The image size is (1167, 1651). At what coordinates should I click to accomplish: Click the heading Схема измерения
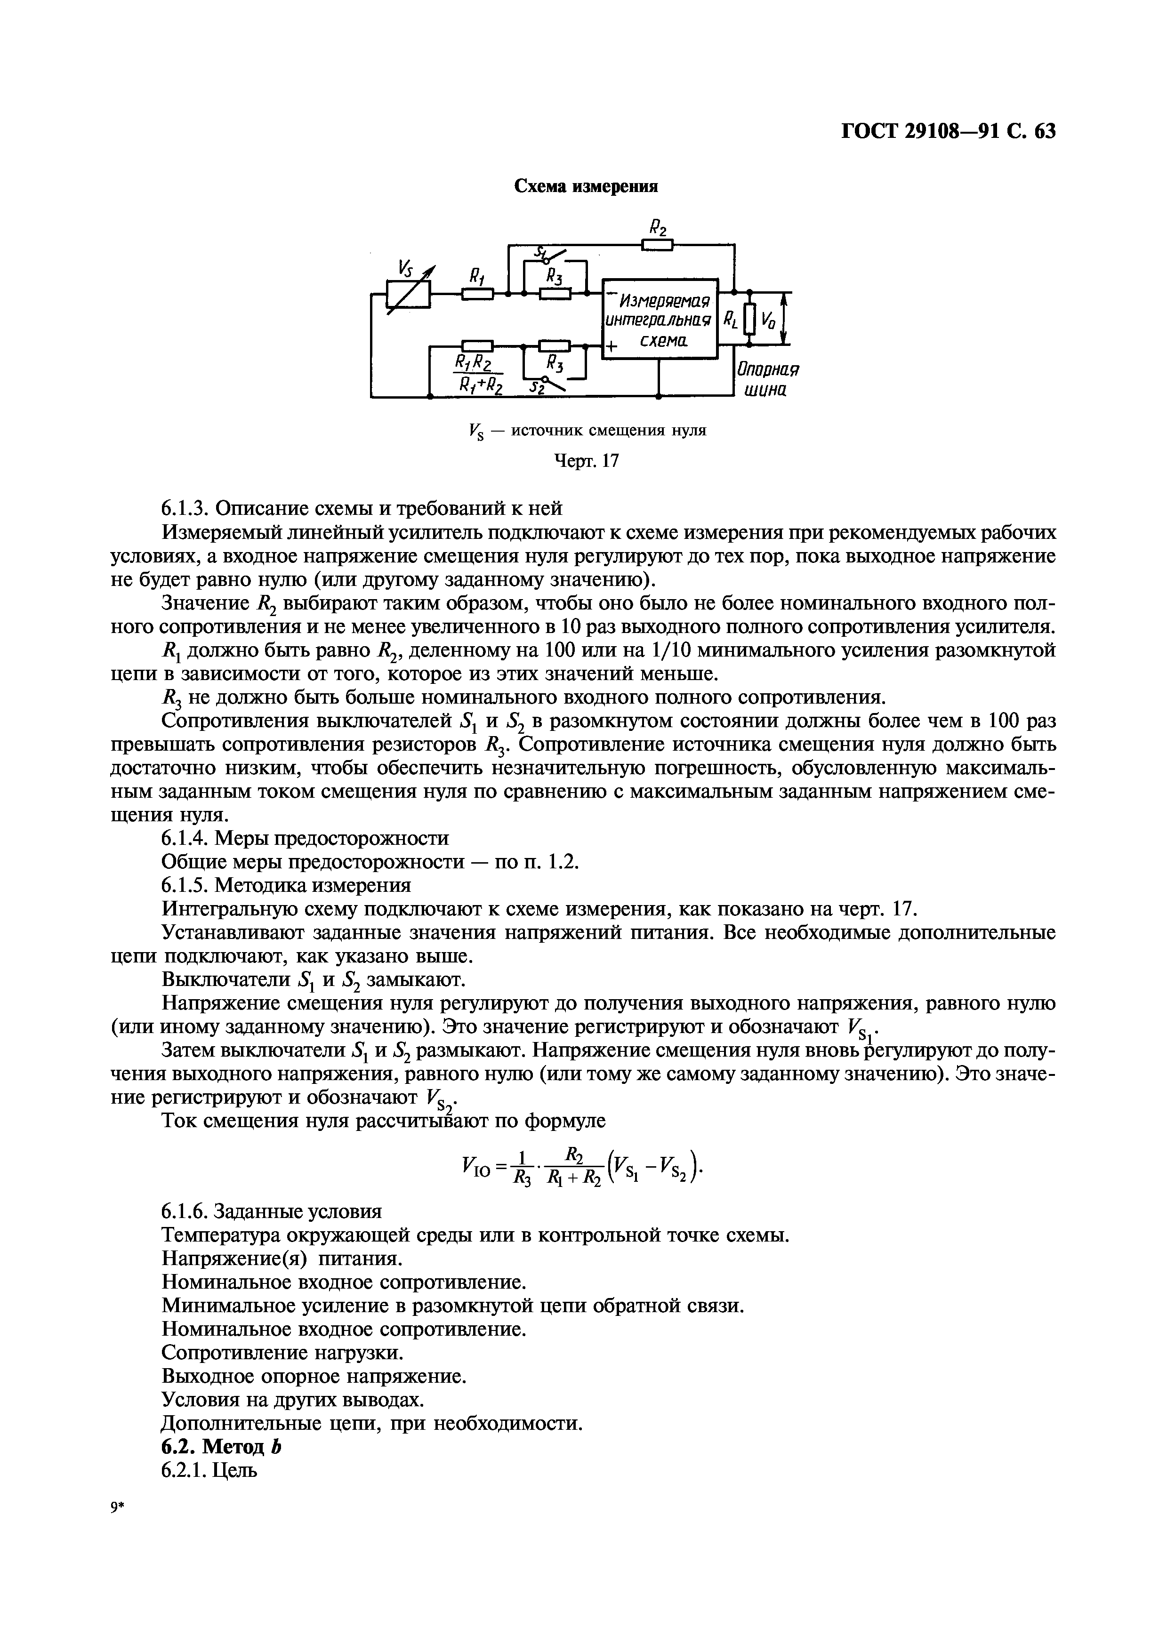[586, 187]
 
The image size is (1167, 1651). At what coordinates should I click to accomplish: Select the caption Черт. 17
[587, 460]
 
